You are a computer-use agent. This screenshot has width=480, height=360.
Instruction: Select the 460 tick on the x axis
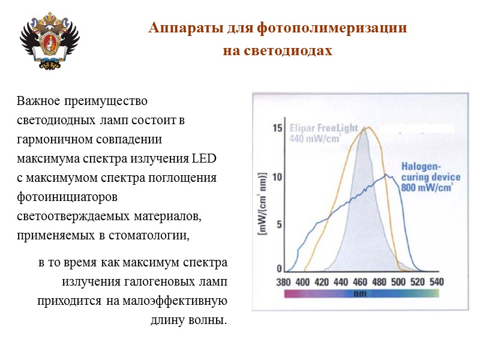point(359,282)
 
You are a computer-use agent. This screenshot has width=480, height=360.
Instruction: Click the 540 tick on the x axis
point(436,282)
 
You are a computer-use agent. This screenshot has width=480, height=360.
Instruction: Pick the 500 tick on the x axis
point(398,282)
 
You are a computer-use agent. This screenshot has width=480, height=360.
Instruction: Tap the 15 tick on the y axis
point(277,128)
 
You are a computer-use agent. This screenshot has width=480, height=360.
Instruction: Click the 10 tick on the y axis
point(277,177)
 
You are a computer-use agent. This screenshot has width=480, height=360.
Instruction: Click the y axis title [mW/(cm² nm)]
point(262,203)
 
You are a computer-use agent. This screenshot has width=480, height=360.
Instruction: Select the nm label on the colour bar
point(360,294)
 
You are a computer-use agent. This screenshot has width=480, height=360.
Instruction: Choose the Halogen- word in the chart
point(421,166)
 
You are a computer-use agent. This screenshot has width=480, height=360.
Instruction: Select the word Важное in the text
point(38,100)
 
